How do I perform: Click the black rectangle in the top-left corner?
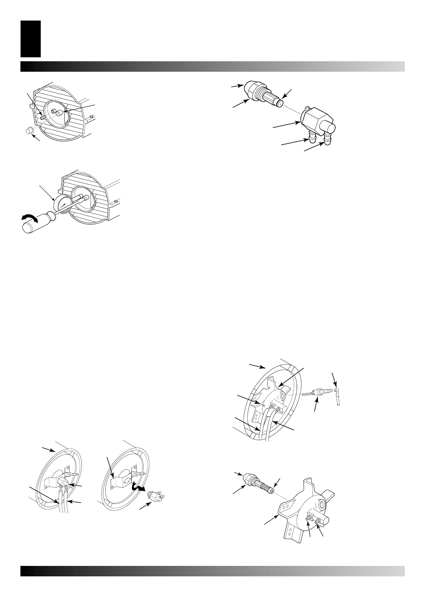31,39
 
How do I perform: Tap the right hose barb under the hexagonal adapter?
328,140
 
